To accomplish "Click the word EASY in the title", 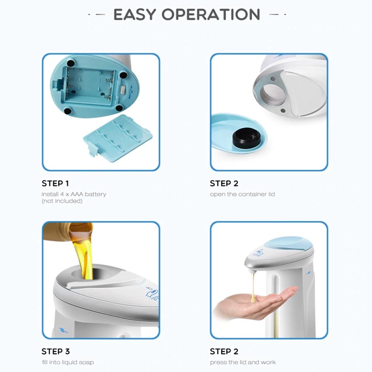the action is pyautogui.click(x=135, y=15).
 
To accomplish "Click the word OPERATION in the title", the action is pyautogui.click(x=211, y=15).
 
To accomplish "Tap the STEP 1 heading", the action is pyautogui.click(x=55, y=183).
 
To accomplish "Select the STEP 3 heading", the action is pyautogui.click(x=56, y=352).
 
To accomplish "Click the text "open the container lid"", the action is pyautogui.click(x=243, y=194).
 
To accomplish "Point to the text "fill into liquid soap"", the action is pyautogui.click(x=68, y=362).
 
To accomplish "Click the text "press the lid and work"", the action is pyautogui.click(x=243, y=362).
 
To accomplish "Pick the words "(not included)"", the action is pyautogui.click(x=62, y=201).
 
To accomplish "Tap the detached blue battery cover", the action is pyautogui.click(x=118, y=138).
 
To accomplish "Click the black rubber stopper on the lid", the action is pyautogui.click(x=247, y=138).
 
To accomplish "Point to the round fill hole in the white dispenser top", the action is pyautogui.click(x=273, y=95).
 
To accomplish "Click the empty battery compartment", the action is pyautogui.click(x=90, y=86).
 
